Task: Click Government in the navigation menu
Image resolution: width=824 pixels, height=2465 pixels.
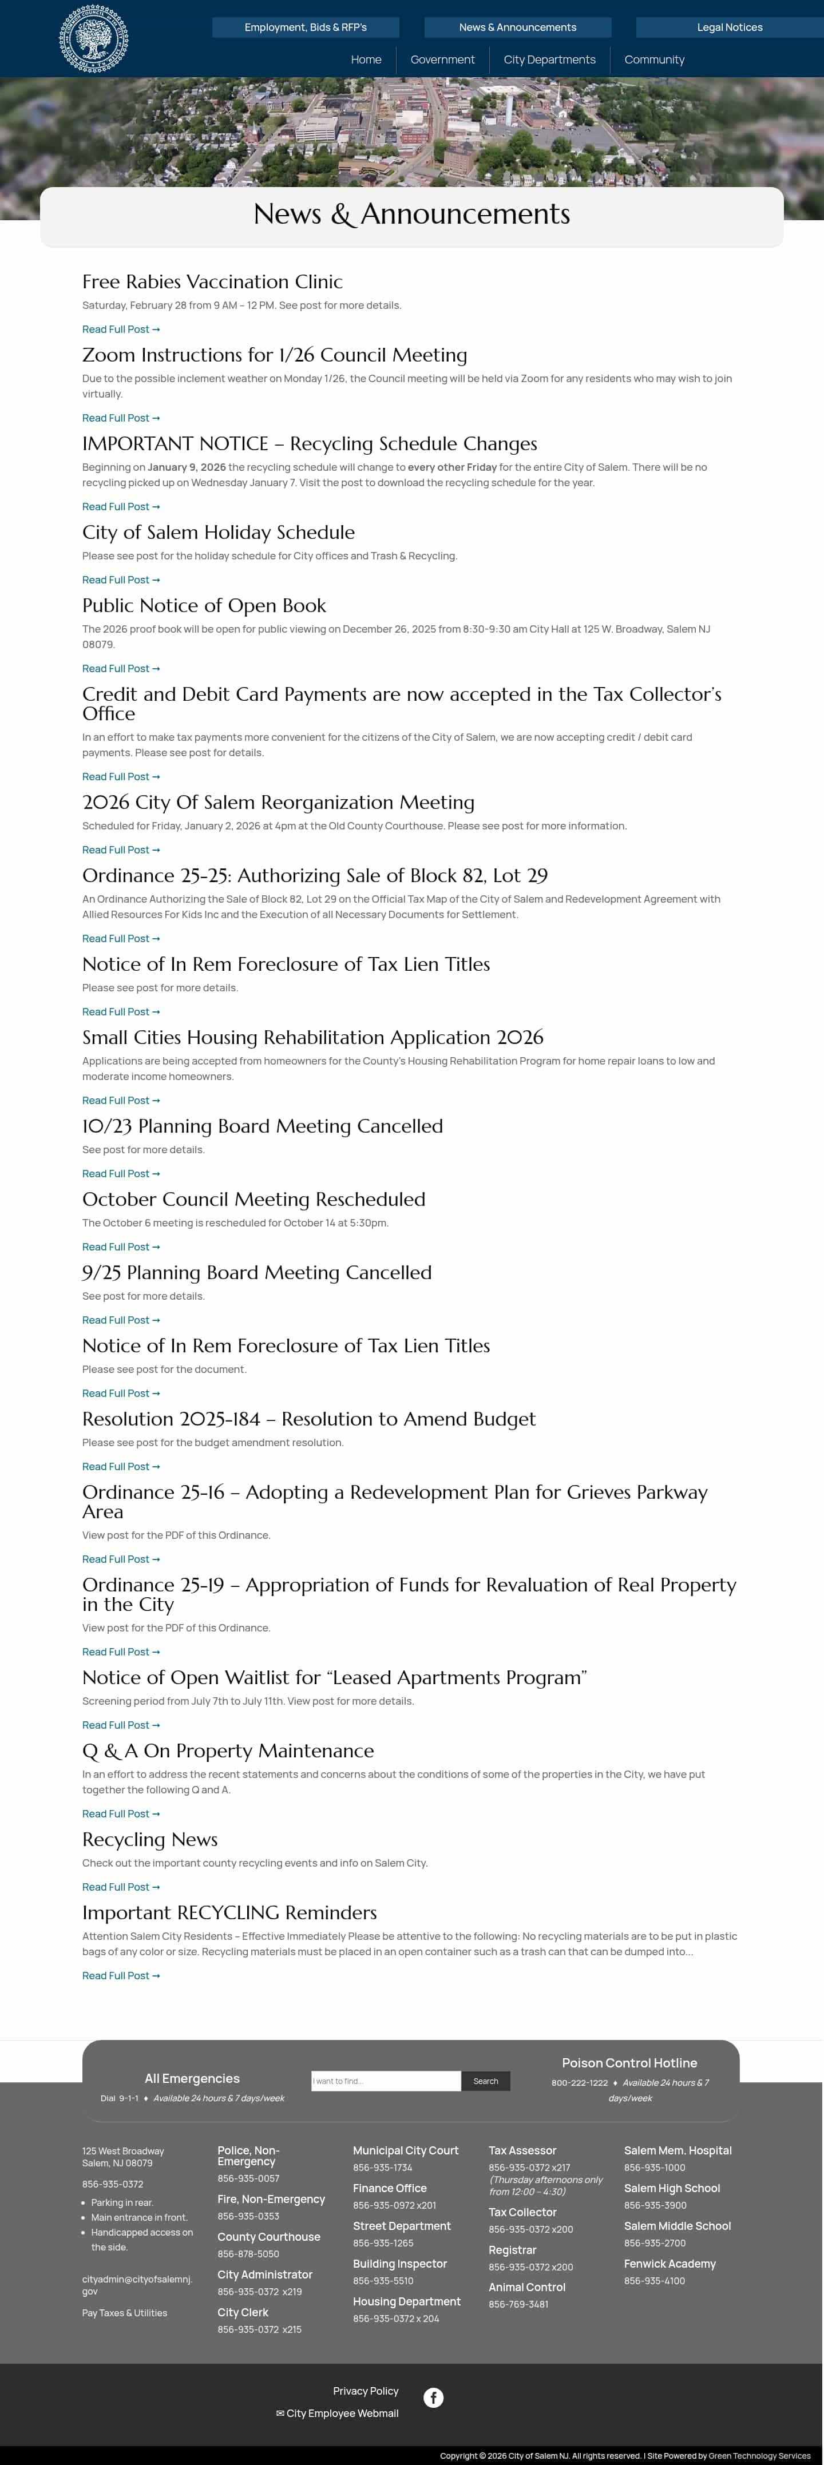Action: (442, 59)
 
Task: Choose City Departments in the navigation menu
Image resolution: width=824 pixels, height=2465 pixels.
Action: (549, 59)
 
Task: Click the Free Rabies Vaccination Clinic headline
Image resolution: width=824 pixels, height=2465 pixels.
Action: (212, 281)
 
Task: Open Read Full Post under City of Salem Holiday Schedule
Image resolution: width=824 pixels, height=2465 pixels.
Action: (121, 580)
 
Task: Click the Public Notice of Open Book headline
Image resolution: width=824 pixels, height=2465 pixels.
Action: (204, 606)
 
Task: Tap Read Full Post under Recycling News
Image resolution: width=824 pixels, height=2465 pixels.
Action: (121, 1887)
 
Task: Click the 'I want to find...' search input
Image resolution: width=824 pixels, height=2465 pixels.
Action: (386, 2081)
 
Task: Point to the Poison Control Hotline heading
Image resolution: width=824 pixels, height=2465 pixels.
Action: (629, 2063)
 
